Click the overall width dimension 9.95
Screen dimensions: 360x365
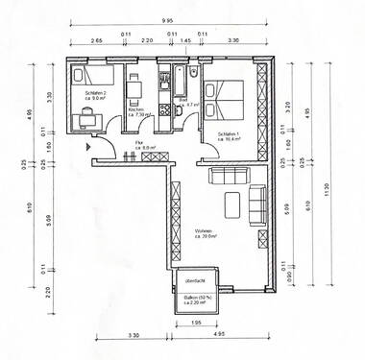pos(167,19)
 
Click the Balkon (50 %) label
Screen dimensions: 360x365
pos(197,300)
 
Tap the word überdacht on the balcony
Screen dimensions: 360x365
pos(196,280)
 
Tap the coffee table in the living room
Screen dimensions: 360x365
pos(232,203)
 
